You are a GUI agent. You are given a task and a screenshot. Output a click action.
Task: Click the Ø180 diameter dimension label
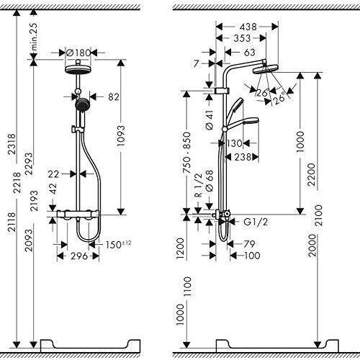(x=78, y=52)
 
